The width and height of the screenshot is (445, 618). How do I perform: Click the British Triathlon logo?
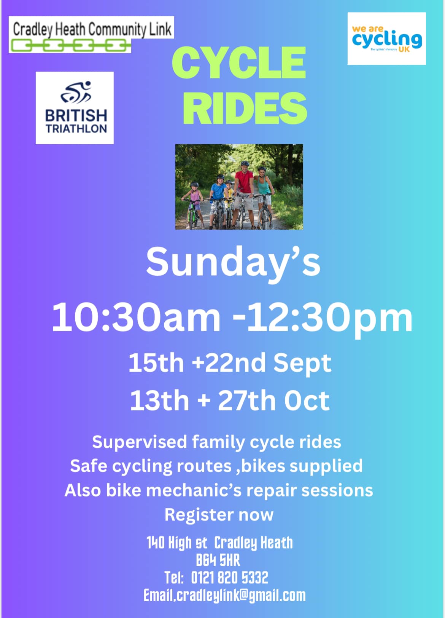(75, 108)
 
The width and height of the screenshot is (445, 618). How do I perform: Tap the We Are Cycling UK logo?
(386, 38)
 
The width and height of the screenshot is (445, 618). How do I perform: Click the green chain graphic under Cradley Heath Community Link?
(70, 46)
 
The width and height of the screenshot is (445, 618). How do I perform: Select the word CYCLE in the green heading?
(239, 63)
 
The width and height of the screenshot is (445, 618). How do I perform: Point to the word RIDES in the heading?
(245, 108)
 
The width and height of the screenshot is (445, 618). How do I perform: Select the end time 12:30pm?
(330, 319)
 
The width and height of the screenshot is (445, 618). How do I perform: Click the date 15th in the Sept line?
(156, 363)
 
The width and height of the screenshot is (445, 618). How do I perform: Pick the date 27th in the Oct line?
(246, 401)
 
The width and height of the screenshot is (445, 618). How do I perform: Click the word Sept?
(302, 364)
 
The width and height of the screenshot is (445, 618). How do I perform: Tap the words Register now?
(219, 515)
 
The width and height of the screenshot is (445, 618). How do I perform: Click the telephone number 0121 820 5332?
(229, 578)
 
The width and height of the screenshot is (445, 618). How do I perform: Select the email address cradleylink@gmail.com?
(241, 596)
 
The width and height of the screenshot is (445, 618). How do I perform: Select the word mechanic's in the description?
(194, 491)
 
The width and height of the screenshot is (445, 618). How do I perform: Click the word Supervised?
(140, 442)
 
